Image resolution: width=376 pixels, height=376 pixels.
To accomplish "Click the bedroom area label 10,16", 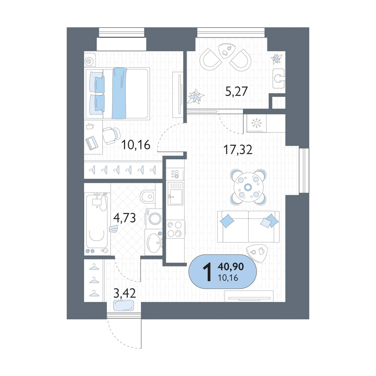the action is coord(136,145).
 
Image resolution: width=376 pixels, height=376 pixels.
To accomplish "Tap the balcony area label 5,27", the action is coord(236,91).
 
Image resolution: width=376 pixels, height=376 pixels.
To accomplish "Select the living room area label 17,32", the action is coord(238,149).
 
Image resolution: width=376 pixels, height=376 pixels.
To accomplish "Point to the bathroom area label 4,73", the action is coord(125,218).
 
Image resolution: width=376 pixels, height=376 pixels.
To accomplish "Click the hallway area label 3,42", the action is coord(125,293).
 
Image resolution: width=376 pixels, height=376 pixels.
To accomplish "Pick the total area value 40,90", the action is coord(231,266).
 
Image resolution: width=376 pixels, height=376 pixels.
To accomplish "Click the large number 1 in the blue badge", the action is coord(207,272).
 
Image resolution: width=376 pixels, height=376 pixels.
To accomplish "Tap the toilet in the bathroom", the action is coord(148,196).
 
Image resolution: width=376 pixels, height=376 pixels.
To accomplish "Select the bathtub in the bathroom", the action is coord(97,221).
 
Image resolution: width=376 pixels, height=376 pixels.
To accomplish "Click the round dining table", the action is coord(248,187).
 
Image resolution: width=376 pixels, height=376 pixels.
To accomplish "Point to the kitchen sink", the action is coord(175,193).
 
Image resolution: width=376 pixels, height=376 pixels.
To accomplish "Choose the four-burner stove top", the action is coord(175,229).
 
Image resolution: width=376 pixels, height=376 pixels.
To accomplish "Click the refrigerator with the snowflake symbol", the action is coord(256,123).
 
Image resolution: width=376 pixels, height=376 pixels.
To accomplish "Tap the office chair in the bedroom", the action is coord(111,135).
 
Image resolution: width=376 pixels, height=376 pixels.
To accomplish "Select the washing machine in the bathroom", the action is coord(154,218).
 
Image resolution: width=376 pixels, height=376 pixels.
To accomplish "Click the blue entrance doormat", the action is coord(124,305).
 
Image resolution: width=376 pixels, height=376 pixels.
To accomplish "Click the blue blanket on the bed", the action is coord(119,93).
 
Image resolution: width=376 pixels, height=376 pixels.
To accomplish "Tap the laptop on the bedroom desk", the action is coord(92,143).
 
